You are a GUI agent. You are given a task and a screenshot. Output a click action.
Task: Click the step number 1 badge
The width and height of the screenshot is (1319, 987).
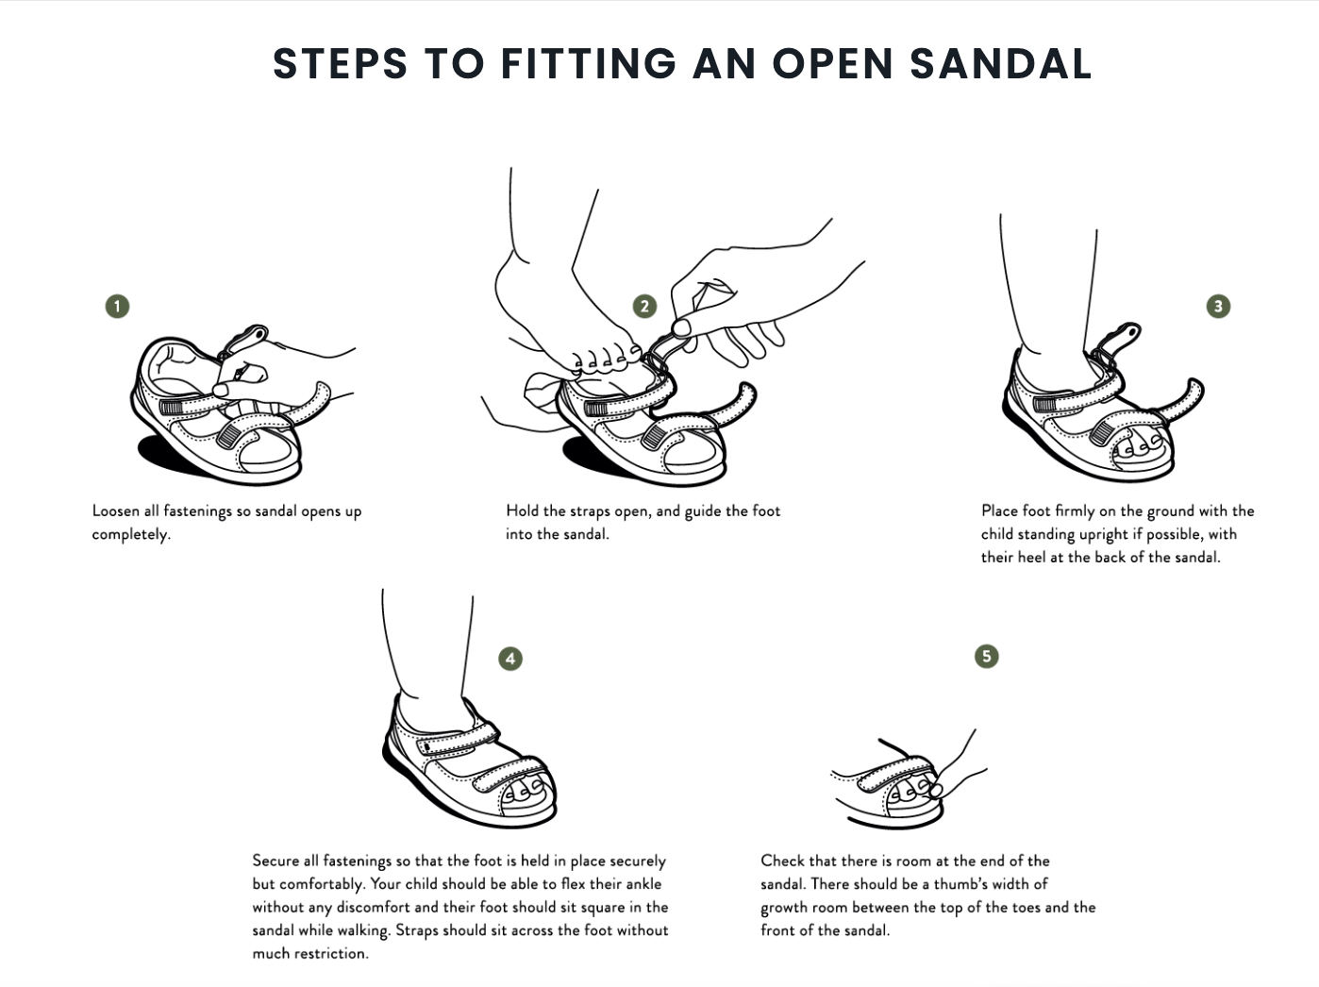click(x=117, y=306)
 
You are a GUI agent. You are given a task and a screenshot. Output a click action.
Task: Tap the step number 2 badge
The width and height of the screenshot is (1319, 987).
click(x=644, y=306)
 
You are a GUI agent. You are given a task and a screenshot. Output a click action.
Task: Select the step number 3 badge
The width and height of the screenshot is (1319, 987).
click(x=1218, y=306)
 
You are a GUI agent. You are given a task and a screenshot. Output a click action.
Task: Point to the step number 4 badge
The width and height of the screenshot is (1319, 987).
click(x=510, y=658)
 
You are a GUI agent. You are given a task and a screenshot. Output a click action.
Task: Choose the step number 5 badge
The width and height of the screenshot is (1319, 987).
click(x=986, y=656)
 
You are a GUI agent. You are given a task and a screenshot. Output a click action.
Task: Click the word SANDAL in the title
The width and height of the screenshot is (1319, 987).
click(x=1000, y=63)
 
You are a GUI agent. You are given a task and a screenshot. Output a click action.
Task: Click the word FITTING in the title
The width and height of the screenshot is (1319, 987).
click(x=588, y=63)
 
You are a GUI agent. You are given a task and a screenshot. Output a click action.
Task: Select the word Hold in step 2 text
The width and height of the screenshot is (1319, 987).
click(x=522, y=510)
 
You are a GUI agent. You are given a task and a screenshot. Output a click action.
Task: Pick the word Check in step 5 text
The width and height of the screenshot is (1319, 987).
click(x=782, y=861)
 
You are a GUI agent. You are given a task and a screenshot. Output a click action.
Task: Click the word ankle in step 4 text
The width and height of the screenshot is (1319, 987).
click(x=643, y=884)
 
